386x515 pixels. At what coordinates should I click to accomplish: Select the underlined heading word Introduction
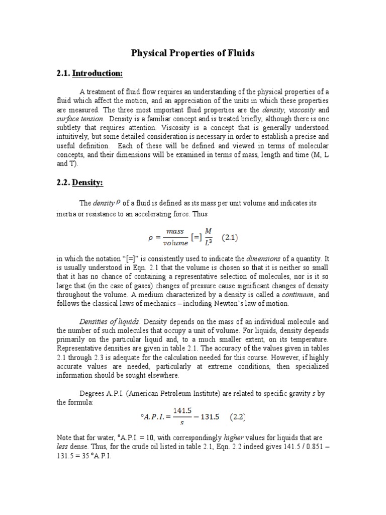(98, 74)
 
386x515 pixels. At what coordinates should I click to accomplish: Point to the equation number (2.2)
(243, 417)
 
